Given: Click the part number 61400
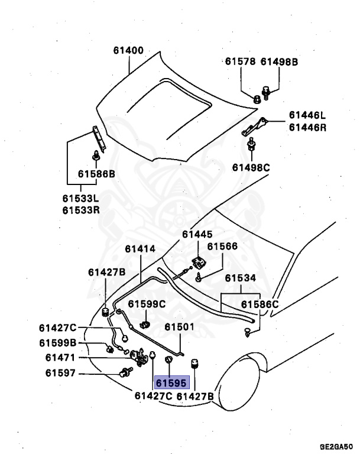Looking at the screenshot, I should (128, 51).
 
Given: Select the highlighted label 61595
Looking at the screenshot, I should (171, 382).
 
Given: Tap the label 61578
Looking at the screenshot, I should (239, 61).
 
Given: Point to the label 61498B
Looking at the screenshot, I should (280, 61).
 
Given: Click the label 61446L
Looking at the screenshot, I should (307, 115).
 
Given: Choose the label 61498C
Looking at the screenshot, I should (251, 168).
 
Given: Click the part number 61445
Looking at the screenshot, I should (197, 234).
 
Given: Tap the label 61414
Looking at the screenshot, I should (140, 249).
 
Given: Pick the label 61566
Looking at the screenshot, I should (222, 247).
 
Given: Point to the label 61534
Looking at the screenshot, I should (240, 277).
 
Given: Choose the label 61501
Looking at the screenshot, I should (179, 327).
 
